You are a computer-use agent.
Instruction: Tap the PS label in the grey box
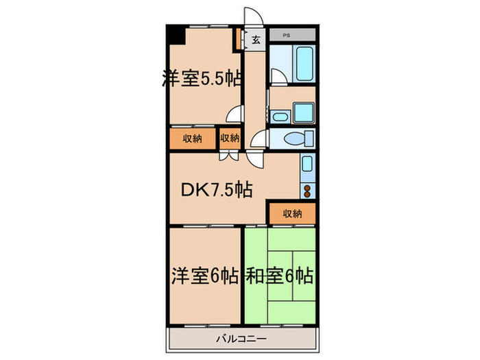click(x=287, y=33)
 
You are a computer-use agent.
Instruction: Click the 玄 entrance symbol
click(x=256, y=40)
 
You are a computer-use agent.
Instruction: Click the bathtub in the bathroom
click(x=304, y=63)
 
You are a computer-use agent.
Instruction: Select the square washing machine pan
click(x=302, y=112)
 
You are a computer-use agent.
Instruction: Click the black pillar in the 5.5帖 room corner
click(x=177, y=33)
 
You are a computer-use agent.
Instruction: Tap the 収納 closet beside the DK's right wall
click(x=291, y=214)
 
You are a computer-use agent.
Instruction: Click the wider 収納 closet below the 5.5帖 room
click(x=193, y=139)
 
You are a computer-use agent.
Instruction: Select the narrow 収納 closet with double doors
click(x=229, y=139)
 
